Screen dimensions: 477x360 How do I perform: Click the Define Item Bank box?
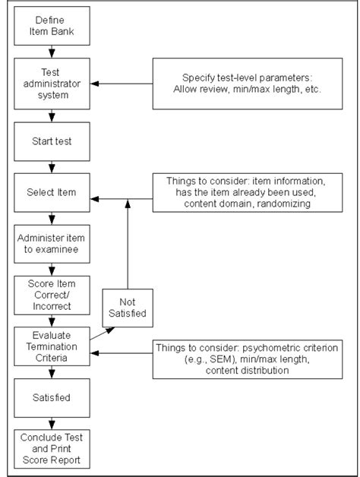click(x=52, y=28)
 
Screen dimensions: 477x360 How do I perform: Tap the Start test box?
click(x=52, y=141)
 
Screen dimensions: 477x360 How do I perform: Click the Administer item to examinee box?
click(x=52, y=243)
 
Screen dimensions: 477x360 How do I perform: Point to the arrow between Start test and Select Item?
click(x=52, y=166)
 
